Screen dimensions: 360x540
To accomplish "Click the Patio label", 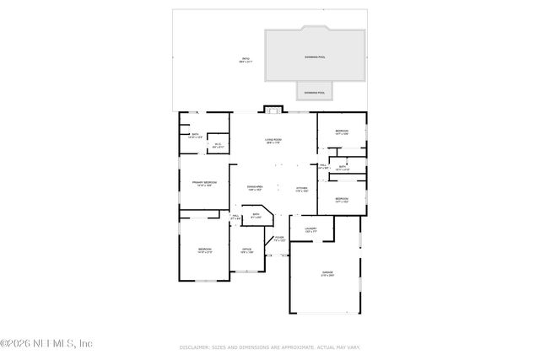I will coord(245,59).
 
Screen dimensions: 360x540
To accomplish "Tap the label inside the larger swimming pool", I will coord(314,57).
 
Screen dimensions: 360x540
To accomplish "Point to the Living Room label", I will coord(273,140).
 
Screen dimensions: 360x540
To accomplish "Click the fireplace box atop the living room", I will coord(273,108).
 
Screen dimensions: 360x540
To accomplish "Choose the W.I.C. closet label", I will coord(218,145).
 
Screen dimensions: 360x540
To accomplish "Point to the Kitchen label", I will coord(301,188).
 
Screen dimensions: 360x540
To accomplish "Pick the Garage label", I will coord(327,273).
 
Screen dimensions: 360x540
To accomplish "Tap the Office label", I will coord(247,250).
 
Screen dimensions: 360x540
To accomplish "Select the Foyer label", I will coord(279,239).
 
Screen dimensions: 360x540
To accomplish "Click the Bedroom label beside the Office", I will coord(204,250).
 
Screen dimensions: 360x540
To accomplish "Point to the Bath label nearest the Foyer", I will coord(256,215).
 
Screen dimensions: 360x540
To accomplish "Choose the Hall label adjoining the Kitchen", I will coord(322,165).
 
